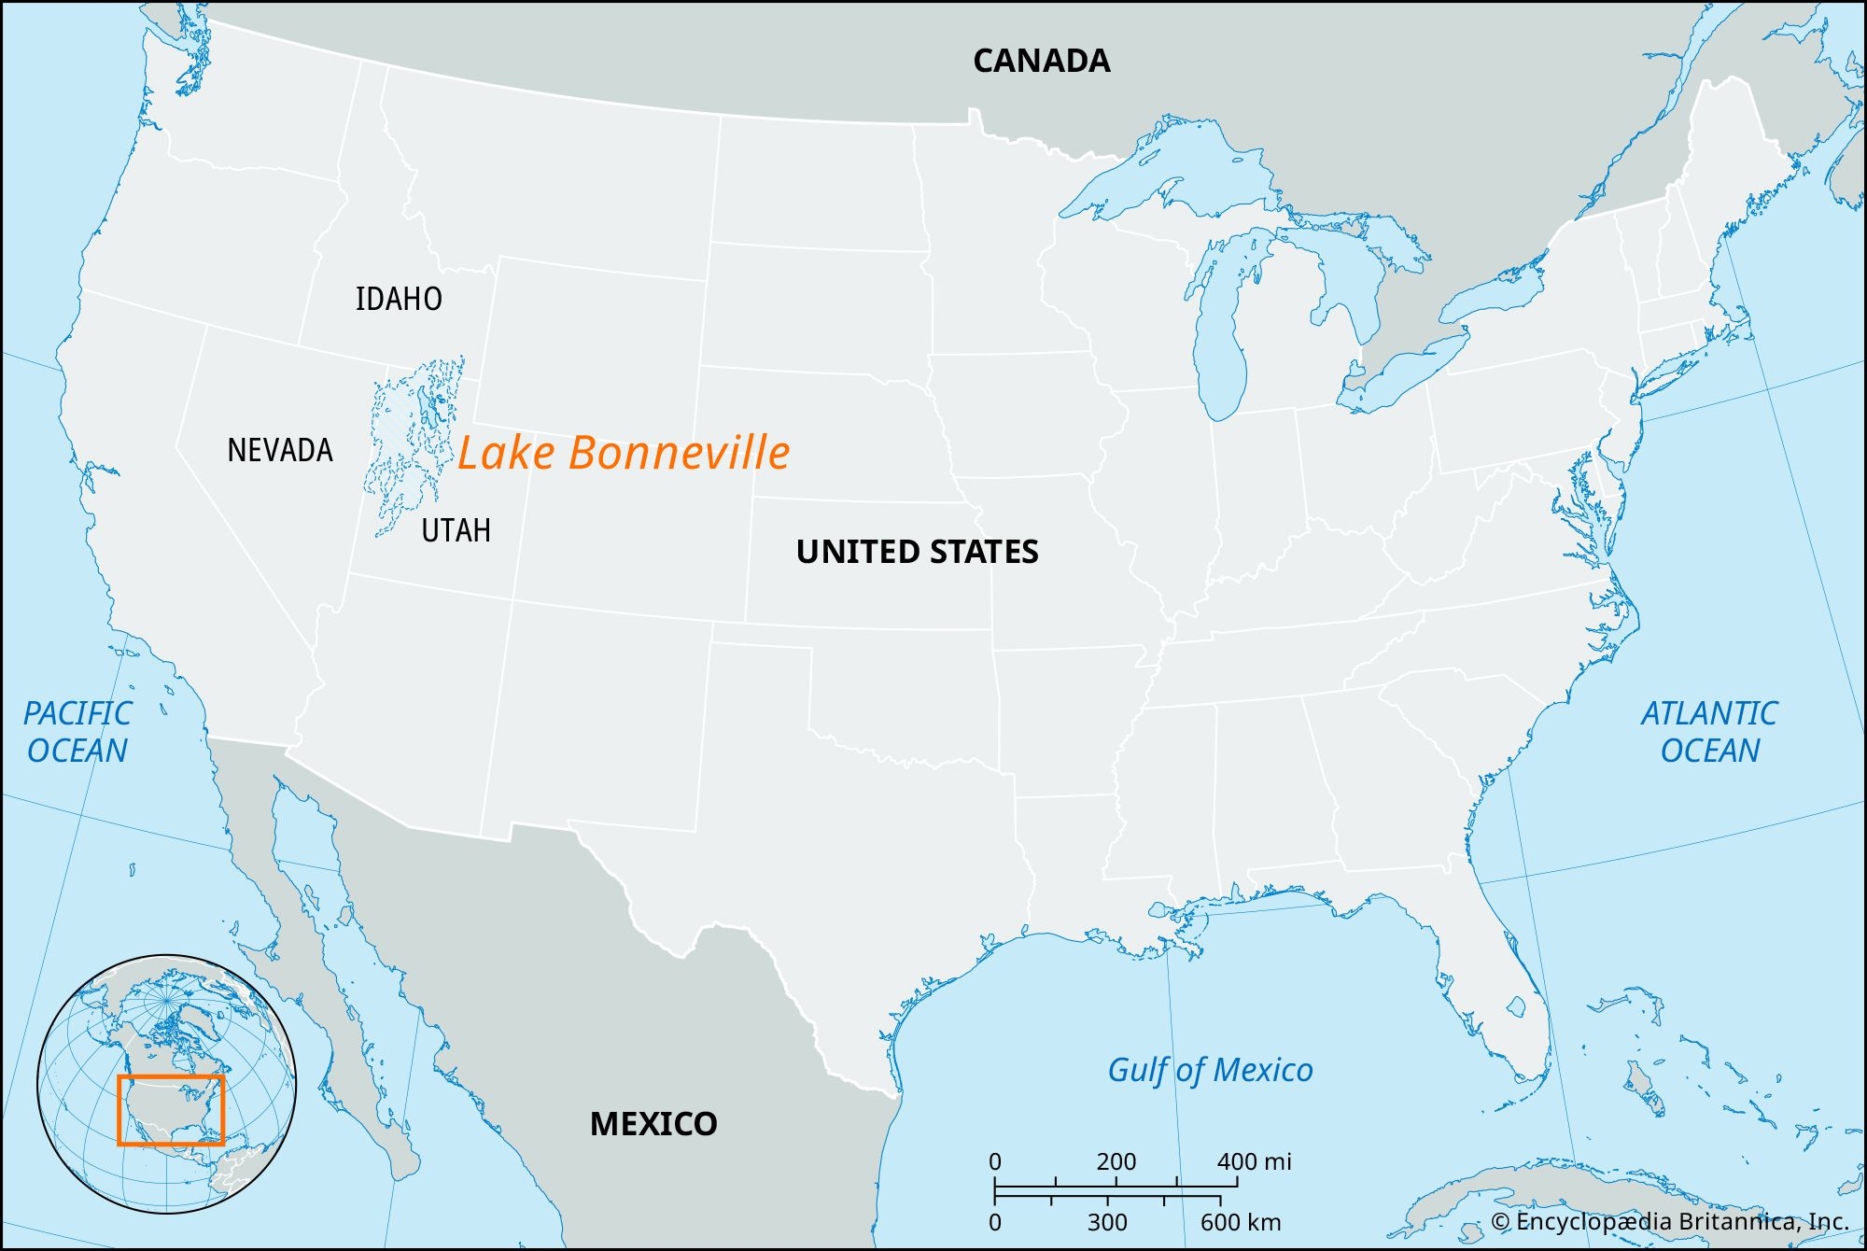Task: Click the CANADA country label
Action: [x=1041, y=62]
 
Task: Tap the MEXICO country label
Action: [x=653, y=1124]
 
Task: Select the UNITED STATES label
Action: [x=917, y=552]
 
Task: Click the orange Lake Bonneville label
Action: [x=624, y=453]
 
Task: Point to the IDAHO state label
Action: [x=399, y=300]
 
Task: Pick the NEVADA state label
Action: [x=280, y=451]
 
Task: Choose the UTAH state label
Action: [x=456, y=531]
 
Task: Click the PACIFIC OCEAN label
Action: [x=77, y=732]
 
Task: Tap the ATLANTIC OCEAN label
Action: [x=1709, y=732]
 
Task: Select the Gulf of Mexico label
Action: [x=1210, y=1070]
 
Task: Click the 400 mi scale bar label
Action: [x=1254, y=1162]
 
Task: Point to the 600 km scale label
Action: [x=1241, y=1222]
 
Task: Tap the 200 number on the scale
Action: [x=1116, y=1162]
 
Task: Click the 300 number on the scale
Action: [x=1107, y=1222]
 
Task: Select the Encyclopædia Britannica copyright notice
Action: [x=1669, y=1222]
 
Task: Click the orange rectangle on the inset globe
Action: [x=171, y=1109]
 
